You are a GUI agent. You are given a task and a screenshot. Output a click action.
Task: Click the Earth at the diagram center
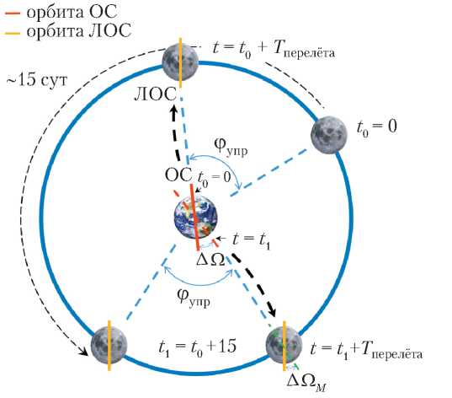coord(196,218)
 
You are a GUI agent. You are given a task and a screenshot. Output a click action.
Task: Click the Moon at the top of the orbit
coord(180,62)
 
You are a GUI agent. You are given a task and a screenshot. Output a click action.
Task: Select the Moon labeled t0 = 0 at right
coord(329,135)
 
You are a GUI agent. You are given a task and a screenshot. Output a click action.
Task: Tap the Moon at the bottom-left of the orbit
coord(109,345)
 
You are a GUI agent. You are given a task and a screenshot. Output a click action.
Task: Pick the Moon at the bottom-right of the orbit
coord(284,346)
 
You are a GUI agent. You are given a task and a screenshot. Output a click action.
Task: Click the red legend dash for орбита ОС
coord(13,13)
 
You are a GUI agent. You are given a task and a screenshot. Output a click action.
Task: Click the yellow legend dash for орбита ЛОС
coord(13,33)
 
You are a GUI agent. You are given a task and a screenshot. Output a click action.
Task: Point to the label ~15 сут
coord(37,80)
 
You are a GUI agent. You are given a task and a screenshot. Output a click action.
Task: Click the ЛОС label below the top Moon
coord(155,94)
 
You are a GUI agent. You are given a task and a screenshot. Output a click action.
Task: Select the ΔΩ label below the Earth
coord(210,261)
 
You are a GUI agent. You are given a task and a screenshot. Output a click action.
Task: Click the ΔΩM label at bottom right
coord(306,383)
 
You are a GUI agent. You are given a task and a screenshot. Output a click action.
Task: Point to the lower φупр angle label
coord(194,297)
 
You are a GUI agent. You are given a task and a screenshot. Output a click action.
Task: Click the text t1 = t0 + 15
coord(197,347)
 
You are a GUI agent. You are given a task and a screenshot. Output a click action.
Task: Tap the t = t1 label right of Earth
coord(251,240)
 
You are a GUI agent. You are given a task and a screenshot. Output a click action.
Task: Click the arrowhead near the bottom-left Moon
coord(84,352)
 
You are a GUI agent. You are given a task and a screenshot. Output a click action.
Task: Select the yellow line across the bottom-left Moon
coord(109,346)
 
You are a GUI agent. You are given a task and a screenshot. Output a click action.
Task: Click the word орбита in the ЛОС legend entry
coord(55,31)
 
